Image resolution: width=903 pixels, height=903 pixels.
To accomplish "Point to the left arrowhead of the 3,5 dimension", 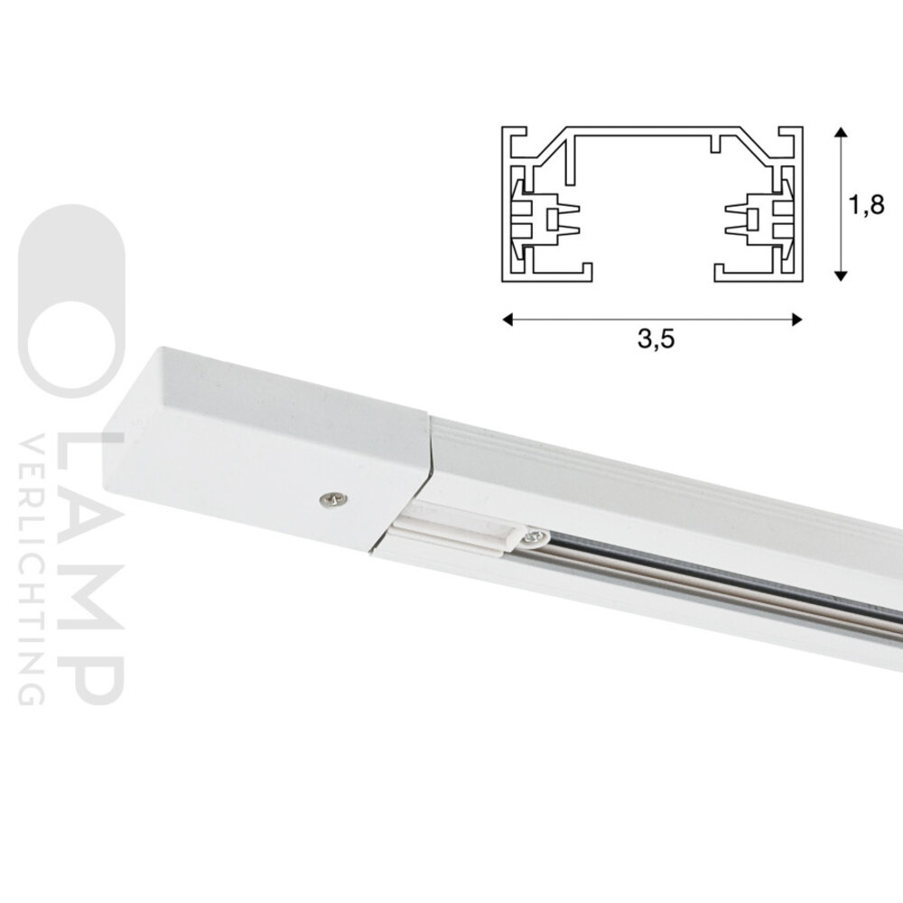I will (x=508, y=318).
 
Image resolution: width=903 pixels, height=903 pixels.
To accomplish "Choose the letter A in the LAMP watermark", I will (x=99, y=533).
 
